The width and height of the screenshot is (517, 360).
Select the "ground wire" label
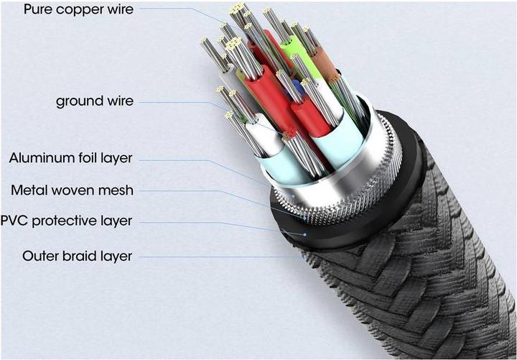pyautogui.click(x=95, y=101)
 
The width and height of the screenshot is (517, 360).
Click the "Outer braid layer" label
pyautogui.click(x=78, y=255)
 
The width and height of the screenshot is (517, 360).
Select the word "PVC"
pyautogui.click(x=16, y=221)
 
